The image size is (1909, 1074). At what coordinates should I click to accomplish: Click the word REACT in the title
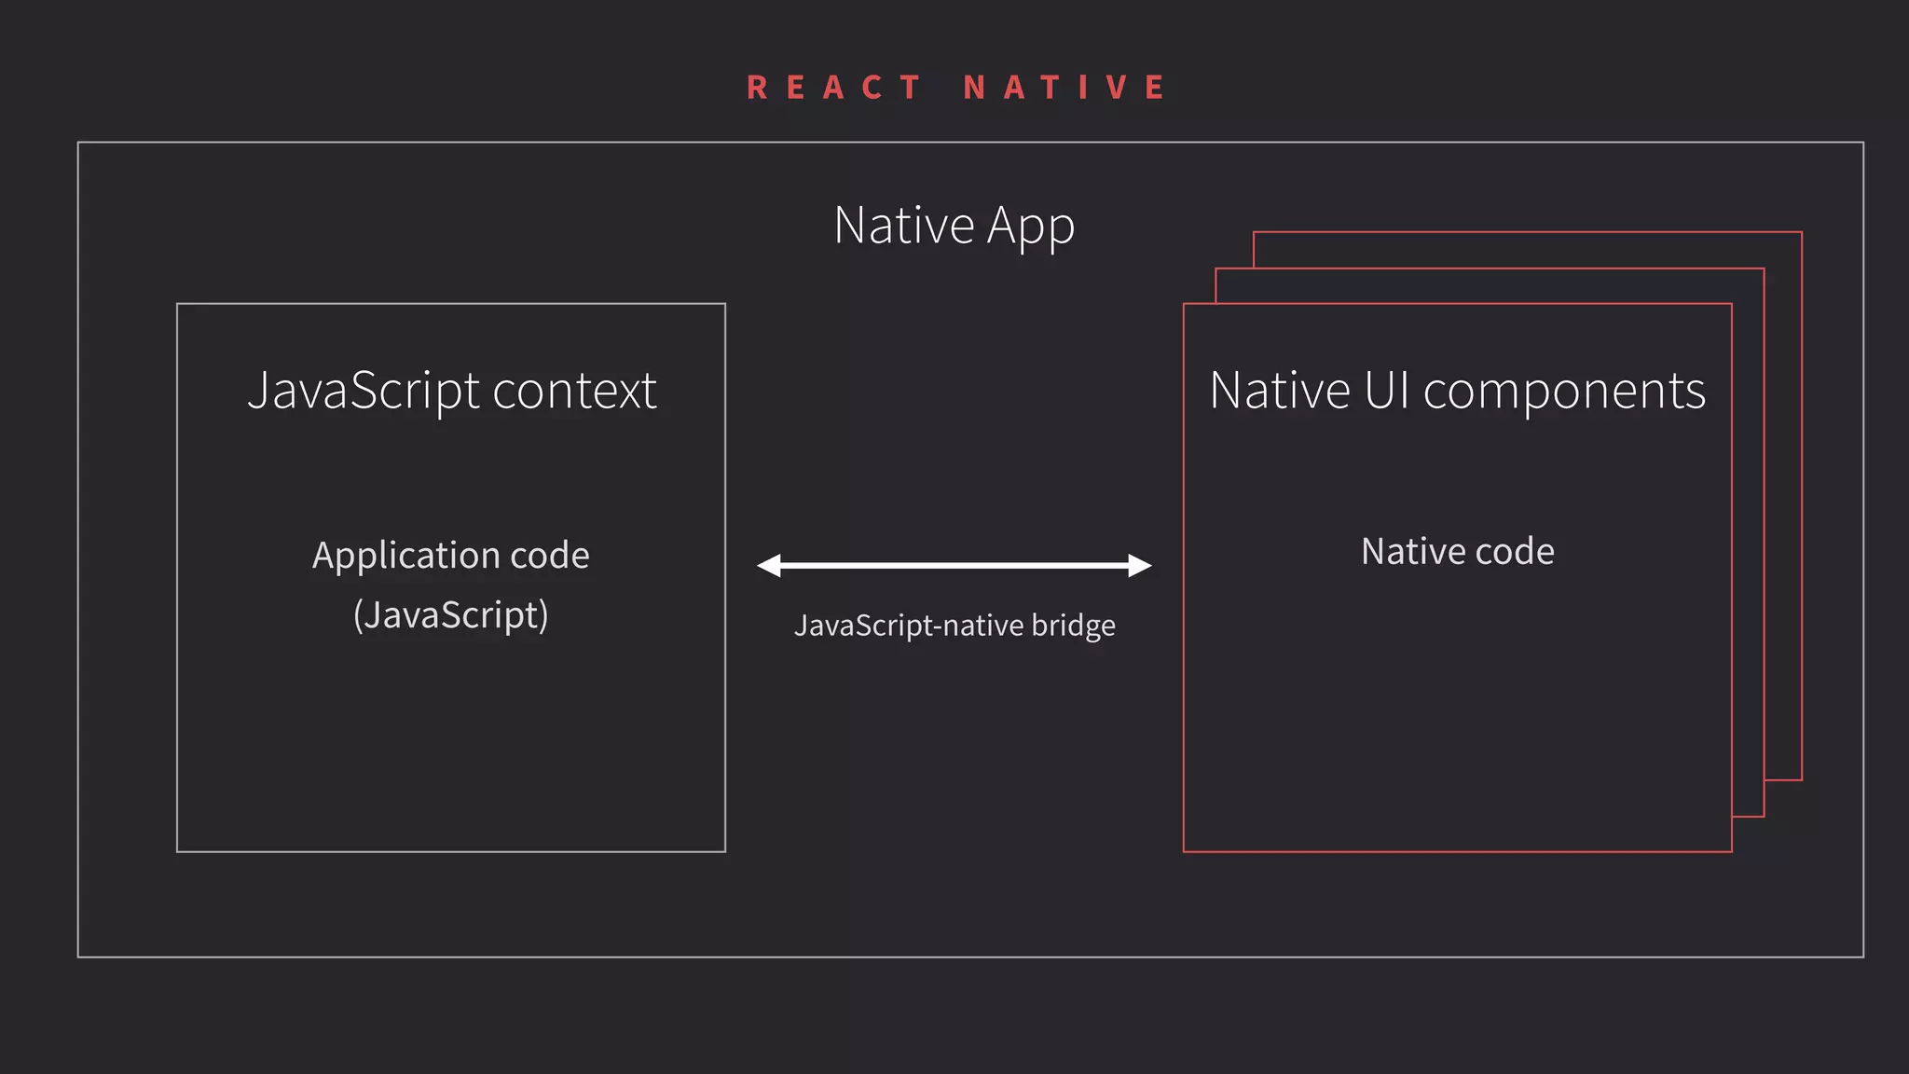(834, 88)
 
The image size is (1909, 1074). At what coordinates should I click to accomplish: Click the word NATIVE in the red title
(1064, 88)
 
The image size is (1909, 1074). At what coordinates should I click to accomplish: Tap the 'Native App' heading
(954, 226)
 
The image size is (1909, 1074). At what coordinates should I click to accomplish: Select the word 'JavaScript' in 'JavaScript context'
(364, 390)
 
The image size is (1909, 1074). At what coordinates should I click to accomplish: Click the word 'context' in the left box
(574, 390)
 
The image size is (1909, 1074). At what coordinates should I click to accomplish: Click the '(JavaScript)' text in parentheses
(451, 615)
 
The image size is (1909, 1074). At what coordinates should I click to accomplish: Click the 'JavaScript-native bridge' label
(954, 625)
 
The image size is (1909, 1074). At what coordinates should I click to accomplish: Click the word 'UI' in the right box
(1387, 390)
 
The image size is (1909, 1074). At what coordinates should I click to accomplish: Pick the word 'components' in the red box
(1564, 390)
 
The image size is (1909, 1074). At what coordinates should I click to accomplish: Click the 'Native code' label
(1458, 551)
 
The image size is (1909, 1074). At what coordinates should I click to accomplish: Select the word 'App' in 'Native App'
(1031, 226)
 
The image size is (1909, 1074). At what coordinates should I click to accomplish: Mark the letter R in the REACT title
(757, 88)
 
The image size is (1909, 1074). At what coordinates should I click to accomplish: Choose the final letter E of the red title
(1155, 88)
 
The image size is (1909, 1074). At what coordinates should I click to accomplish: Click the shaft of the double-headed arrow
(954, 565)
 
